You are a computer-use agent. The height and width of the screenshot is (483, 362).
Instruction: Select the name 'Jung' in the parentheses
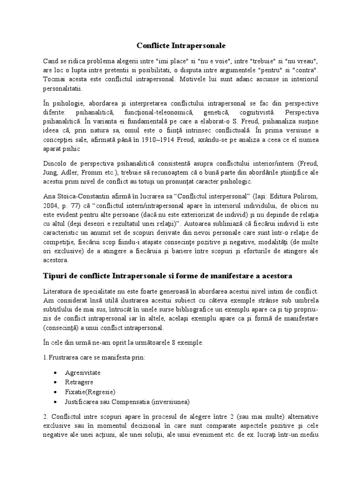pyautogui.click(x=64, y=172)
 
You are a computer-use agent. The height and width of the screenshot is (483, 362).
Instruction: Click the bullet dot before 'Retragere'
pyautogui.click(x=57, y=382)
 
